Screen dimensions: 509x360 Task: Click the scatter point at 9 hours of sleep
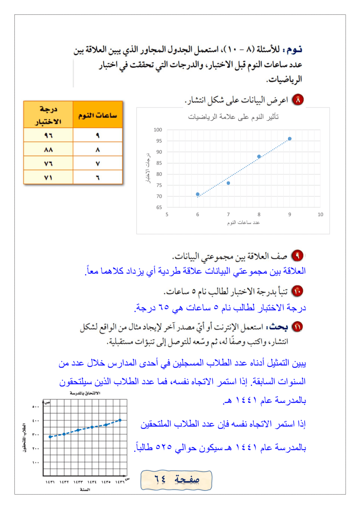[x=289, y=139]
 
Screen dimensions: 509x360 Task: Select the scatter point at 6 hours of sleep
[x=198, y=194]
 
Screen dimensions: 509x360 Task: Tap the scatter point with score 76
[x=228, y=183]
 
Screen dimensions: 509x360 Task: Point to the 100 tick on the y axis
[x=157, y=130]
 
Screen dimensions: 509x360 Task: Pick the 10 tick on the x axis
[x=320, y=215]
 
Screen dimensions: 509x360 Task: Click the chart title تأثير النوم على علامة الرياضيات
[x=234, y=117]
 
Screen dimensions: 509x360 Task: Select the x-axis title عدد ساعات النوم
[x=244, y=222]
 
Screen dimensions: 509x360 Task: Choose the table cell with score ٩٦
[x=48, y=135]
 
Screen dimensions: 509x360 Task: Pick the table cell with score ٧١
[x=48, y=177]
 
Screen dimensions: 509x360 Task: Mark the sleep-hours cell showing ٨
[x=98, y=149]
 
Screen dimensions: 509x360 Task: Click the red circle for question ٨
[x=298, y=99]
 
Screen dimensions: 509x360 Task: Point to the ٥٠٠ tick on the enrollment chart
[x=36, y=407]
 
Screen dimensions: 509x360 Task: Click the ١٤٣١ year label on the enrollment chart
[x=50, y=482]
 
